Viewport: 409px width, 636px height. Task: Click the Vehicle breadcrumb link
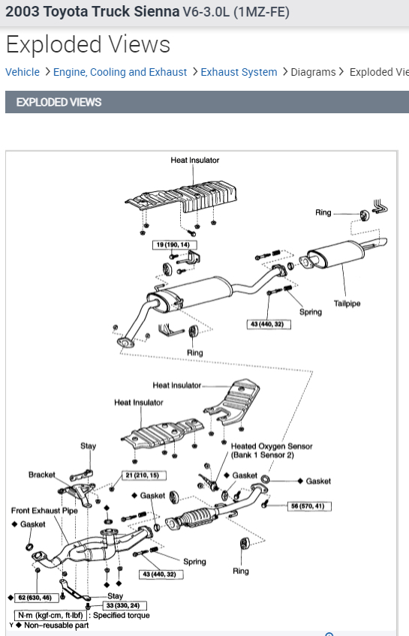tap(23, 72)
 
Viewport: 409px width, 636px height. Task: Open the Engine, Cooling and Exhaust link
tap(120, 72)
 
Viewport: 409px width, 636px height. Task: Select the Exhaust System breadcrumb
tap(239, 72)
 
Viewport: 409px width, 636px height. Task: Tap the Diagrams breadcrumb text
tap(313, 72)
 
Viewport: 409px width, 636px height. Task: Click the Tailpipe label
tap(347, 304)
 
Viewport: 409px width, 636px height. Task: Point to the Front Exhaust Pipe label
tap(44, 511)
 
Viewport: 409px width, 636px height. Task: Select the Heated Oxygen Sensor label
tap(272, 446)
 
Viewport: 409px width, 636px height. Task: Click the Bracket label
tap(42, 475)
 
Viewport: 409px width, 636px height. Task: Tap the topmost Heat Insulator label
tap(195, 160)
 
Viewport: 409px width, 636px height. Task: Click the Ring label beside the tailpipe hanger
tap(323, 212)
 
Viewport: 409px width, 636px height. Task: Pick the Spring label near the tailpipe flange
tap(311, 312)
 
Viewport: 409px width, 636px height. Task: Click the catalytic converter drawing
tap(193, 518)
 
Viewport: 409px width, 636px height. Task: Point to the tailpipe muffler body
tap(335, 253)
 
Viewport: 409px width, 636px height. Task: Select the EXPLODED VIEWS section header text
tap(59, 102)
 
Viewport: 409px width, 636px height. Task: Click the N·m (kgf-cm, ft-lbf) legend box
tap(50, 615)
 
